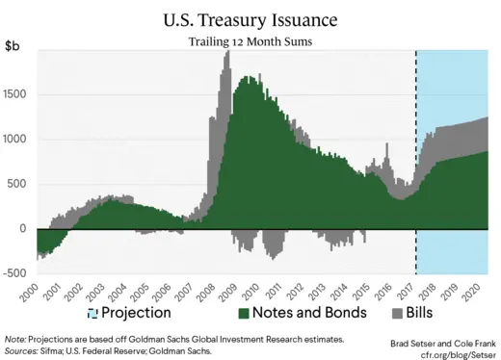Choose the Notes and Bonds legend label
311,313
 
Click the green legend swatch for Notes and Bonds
244,314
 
